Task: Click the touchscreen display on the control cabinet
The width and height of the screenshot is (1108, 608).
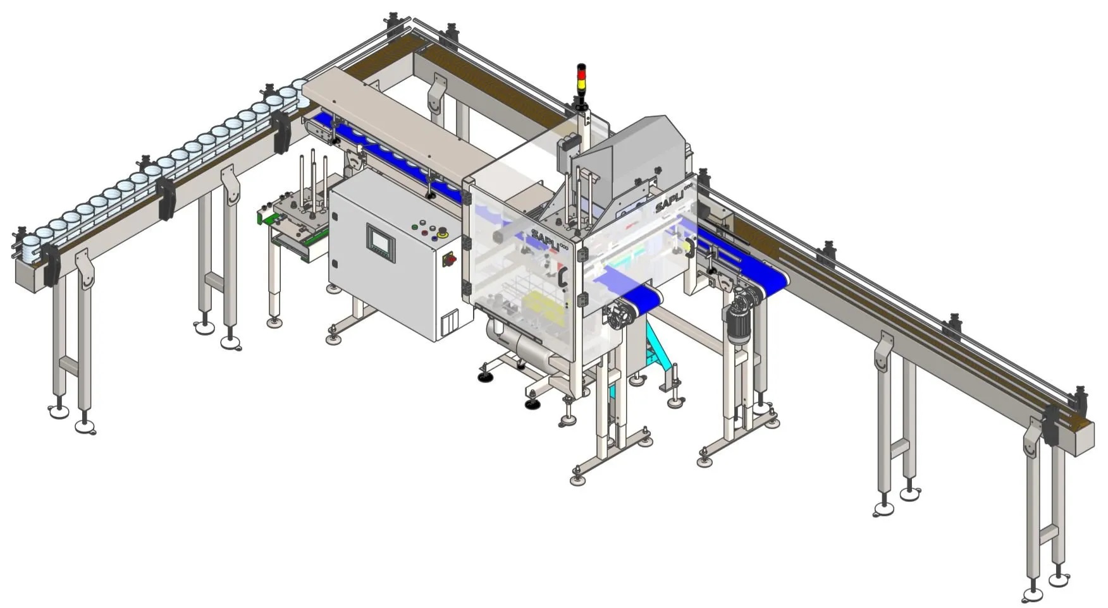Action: click(x=381, y=243)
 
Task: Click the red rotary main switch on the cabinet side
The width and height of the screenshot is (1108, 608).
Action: click(x=451, y=258)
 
